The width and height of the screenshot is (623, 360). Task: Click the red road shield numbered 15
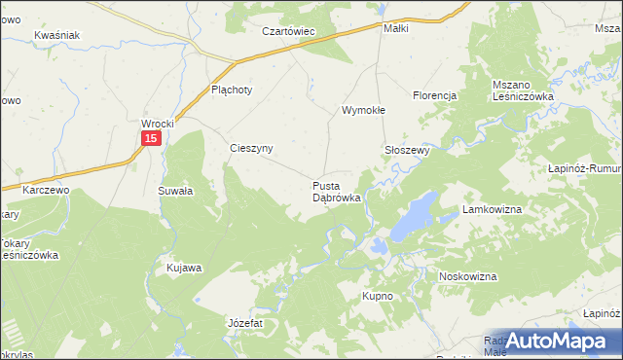click(x=150, y=140)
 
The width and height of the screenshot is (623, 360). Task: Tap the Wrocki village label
click(x=157, y=125)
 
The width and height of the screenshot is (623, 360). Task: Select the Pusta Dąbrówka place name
click(x=337, y=191)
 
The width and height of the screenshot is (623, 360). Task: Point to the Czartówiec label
click(x=290, y=31)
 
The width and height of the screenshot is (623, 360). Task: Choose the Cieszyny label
click(x=250, y=148)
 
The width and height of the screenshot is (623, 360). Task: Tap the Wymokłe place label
click(x=363, y=110)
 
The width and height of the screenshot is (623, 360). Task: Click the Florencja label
click(x=434, y=95)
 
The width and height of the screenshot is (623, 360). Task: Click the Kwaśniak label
click(x=55, y=35)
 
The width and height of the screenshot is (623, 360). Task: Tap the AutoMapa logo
click(x=559, y=341)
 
